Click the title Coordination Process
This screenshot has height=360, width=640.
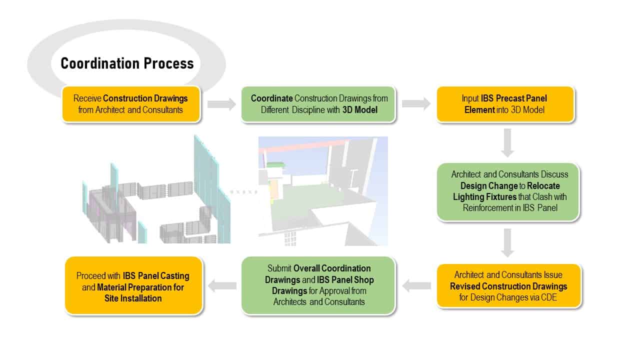[x=127, y=63]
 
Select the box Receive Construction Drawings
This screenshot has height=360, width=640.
[x=131, y=104]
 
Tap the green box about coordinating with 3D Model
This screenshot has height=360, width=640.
[x=318, y=104]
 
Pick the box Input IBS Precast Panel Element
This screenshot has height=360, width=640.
[x=505, y=104]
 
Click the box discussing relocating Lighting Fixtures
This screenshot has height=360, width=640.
[x=508, y=191]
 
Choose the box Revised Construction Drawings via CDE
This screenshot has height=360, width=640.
[x=509, y=286]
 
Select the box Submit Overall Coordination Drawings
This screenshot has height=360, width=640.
[x=318, y=285]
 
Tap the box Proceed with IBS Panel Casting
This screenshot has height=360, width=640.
[x=133, y=285]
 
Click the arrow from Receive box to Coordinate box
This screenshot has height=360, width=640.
[x=221, y=104]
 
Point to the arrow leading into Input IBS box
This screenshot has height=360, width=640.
[x=416, y=103]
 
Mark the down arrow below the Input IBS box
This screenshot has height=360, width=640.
[x=507, y=143]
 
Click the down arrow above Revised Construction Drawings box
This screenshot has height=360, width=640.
[x=507, y=243]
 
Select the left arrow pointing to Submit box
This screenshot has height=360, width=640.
[x=416, y=285]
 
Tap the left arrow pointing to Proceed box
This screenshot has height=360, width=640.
[x=222, y=285]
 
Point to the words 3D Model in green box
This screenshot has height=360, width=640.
[x=359, y=110]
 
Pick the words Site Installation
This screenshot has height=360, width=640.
[x=133, y=298]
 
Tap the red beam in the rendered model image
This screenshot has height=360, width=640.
[x=303, y=145]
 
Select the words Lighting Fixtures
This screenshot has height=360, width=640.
[x=484, y=197]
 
